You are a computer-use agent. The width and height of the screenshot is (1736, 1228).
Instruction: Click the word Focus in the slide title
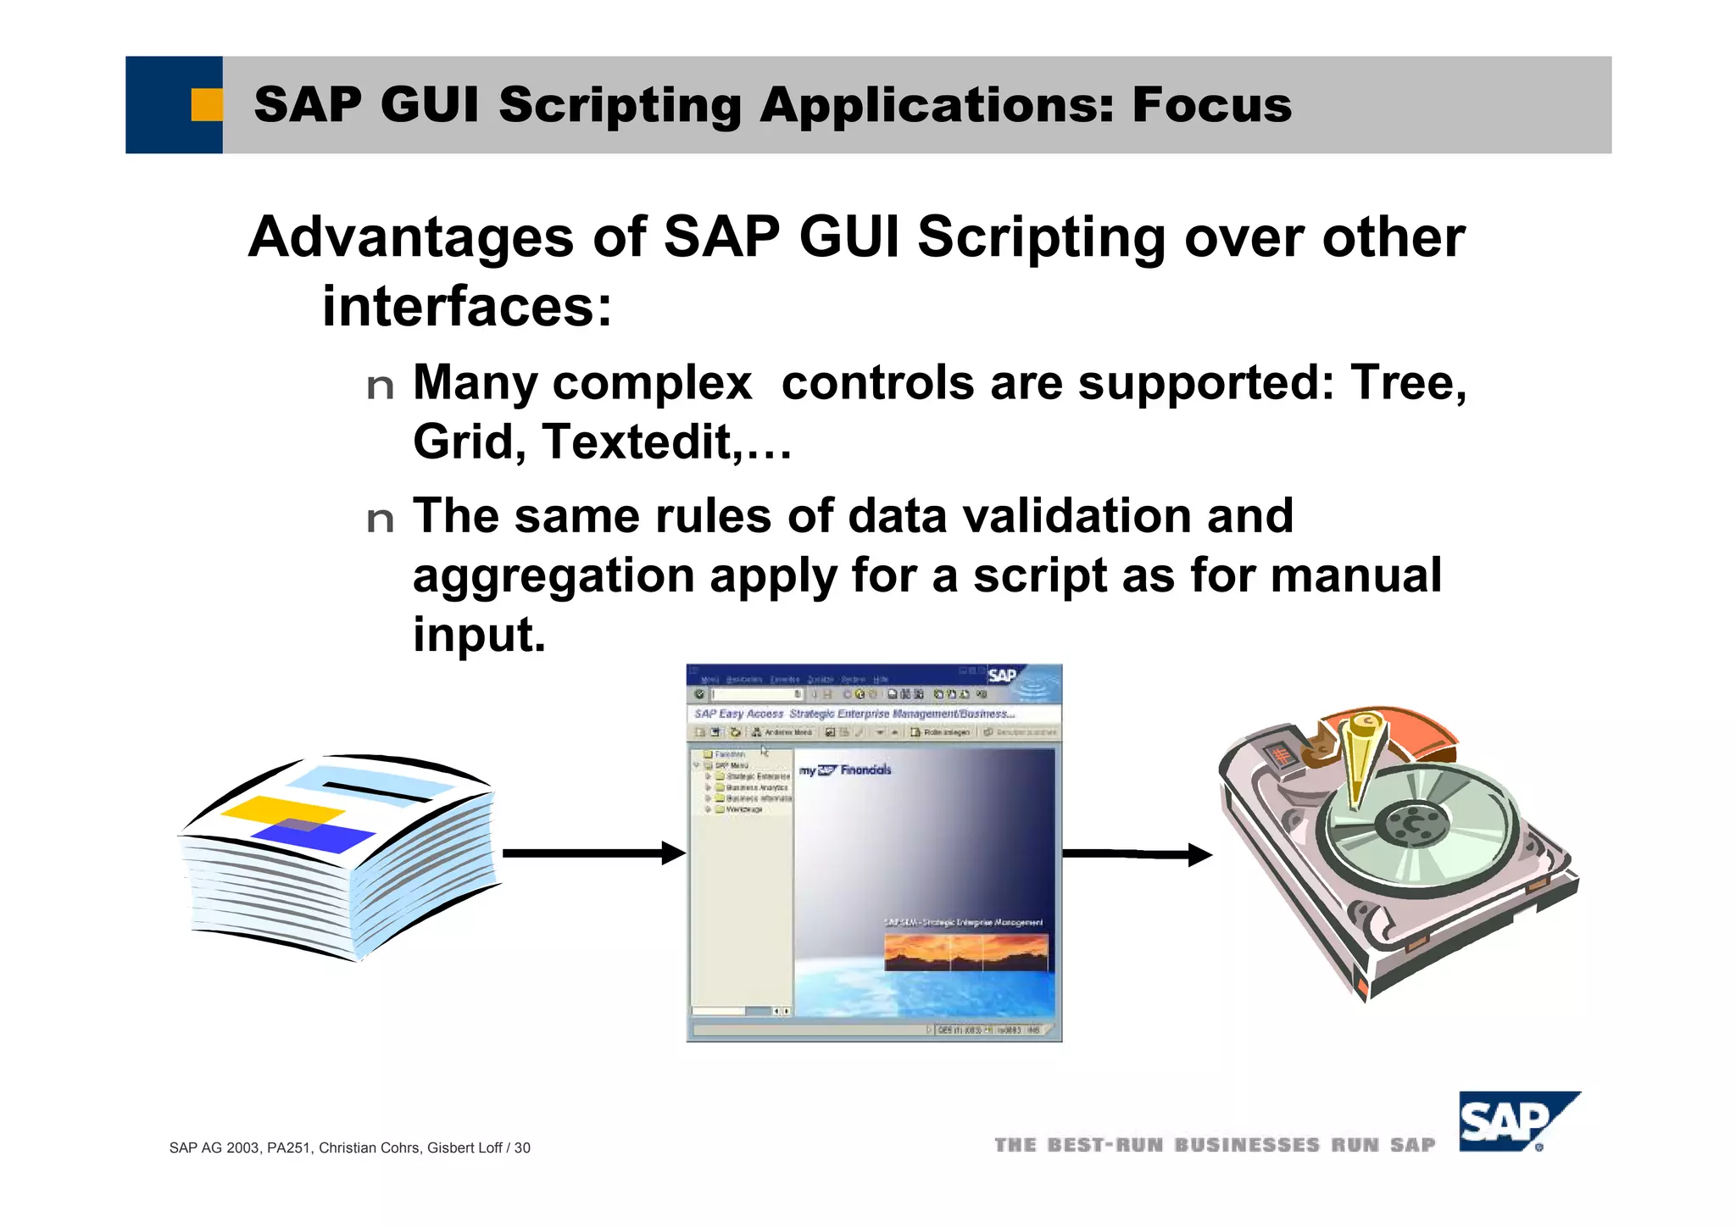[1211, 105]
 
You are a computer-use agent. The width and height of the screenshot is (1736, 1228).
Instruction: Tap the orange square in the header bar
[206, 105]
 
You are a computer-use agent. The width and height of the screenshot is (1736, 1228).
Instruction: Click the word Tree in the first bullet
[1406, 383]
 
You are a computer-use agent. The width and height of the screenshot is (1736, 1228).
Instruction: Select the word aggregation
[554, 576]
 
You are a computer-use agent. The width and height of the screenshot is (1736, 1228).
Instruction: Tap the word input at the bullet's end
[478, 636]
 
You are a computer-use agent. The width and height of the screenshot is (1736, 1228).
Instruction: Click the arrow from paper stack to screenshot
[593, 853]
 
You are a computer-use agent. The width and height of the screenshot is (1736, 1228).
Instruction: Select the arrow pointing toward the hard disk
[1136, 854]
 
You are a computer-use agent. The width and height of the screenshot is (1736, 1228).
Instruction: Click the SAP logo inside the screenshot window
[1002, 675]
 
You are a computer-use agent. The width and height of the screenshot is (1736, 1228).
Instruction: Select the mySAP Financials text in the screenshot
[845, 770]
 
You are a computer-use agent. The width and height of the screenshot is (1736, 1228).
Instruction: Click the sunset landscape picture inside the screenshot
[965, 952]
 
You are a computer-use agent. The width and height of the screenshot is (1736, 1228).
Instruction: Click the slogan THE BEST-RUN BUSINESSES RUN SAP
[1214, 1146]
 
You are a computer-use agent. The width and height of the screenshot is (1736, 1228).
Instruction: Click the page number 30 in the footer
[522, 1148]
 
